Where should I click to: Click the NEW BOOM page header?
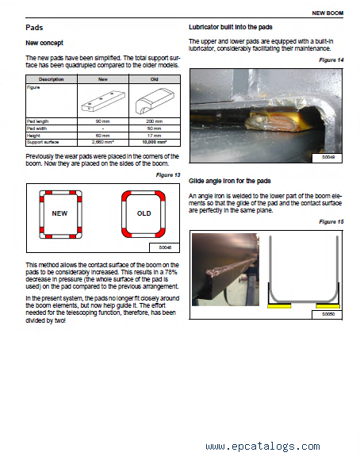click(x=327, y=13)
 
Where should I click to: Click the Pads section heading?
click(x=34, y=28)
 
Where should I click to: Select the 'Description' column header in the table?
click(x=52, y=79)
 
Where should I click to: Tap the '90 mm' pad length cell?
click(x=103, y=121)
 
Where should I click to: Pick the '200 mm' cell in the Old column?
click(x=155, y=121)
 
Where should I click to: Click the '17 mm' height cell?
click(x=155, y=136)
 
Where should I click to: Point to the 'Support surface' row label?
click(x=43, y=142)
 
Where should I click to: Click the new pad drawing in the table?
click(x=103, y=101)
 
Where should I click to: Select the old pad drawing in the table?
click(x=155, y=101)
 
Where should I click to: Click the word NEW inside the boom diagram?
click(x=59, y=213)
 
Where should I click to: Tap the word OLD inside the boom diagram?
click(x=144, y=213)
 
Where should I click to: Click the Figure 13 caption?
click(x=168, y=175)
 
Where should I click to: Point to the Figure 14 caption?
click(x=331, y=60)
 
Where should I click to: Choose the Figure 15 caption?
click(x=331, y=222)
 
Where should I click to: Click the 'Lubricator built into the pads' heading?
click(x=231, y=27)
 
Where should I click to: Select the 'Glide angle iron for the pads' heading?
click(x=230, y=181)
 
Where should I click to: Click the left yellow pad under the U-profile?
click(x=279, y=306)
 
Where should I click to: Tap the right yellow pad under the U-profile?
click(x=328, y=306)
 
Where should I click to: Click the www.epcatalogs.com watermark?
click(x=263, y=447)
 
